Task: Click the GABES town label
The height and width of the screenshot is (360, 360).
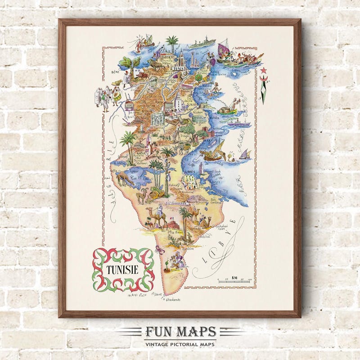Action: [x=189, y=172]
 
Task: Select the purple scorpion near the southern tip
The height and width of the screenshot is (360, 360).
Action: [x=160, y=249]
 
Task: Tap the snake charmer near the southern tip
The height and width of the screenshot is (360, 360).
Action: [x=179, y=260]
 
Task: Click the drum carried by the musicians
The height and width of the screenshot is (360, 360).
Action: [x=117, y=95]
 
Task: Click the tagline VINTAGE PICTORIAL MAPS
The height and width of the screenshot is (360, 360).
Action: [x=180, y=344]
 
